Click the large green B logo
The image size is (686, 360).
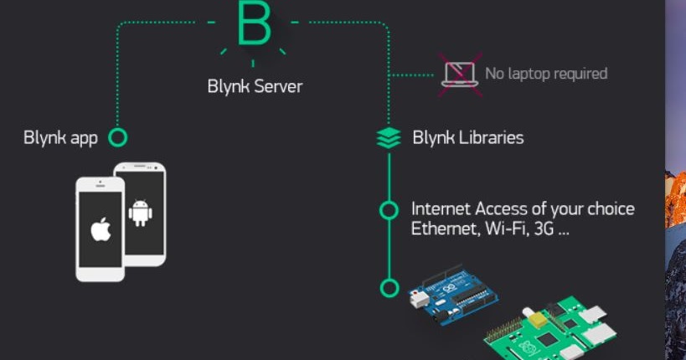tap(254, 24)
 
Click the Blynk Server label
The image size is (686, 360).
tap(255, 86)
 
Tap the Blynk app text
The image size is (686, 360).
tap(60, 137)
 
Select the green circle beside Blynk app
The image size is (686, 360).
tap(118, 137)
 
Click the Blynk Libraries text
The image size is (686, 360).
tap(468, 137)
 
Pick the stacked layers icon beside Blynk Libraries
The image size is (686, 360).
tap(389, 138)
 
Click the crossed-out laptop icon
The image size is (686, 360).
tap(460, 74)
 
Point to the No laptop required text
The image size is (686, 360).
tap(546, 74)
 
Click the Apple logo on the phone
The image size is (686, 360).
tap(101, 229)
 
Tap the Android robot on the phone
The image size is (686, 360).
tap(140, 213)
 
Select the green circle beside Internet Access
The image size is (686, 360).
tap(389, 210)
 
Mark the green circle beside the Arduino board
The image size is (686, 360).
tap(389, 288)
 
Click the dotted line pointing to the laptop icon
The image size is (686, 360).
tap(412, 75)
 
